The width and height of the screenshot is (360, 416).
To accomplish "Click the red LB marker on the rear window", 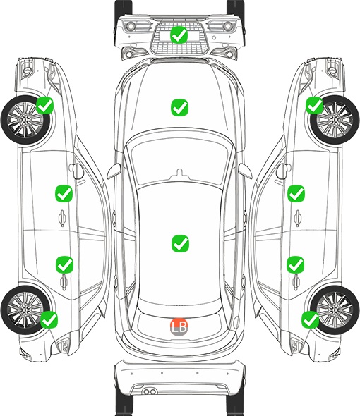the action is pos(179,326).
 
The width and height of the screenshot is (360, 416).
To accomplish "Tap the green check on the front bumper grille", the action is pos(179,35).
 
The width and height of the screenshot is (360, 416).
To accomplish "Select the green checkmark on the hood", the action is pos(179,107).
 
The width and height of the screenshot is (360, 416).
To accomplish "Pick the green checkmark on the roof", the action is pos(180,243).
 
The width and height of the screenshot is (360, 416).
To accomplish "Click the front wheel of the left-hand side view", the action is pos(26,120).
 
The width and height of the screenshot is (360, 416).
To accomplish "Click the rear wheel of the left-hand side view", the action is pos(25,310).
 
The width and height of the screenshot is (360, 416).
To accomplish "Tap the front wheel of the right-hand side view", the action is pos(335,120).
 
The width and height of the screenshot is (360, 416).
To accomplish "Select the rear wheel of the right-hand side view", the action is pos(335,310).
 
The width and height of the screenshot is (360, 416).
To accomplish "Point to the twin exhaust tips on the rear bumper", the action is pos(150,391).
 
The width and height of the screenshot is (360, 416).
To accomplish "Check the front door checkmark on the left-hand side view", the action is pos(64,193).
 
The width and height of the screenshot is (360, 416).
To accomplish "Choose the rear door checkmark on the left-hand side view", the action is pos(64,264).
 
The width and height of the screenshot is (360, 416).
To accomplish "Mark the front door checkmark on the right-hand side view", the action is pos(296,193).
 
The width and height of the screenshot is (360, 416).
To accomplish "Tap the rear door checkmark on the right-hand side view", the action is pos(296,264).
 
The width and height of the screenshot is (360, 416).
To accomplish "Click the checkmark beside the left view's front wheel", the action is pos(44,105).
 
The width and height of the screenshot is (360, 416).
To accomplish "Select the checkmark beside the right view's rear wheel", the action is pos(311,319).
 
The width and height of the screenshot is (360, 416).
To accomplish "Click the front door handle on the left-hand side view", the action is pos(62,218).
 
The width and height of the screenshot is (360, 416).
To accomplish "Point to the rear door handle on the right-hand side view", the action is pos(296,282).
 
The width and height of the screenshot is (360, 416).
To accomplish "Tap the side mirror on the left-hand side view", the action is pos(76,171).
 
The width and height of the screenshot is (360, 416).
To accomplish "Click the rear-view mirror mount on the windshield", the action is pos(179,173).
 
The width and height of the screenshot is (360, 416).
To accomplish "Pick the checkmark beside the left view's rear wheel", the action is pos(49,319).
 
